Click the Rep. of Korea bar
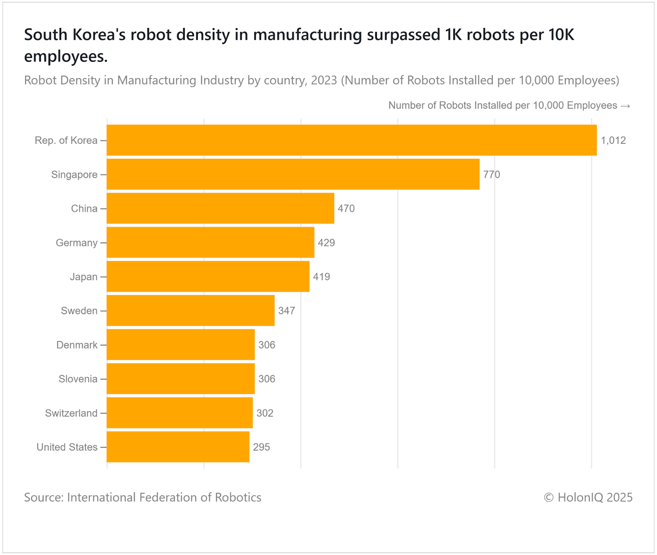351,140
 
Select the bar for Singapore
293,174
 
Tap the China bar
220,208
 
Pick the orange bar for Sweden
191,311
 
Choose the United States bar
178,447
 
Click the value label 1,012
613,140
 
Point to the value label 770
492,175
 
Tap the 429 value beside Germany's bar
326,243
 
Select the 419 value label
322,277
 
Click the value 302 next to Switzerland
265,413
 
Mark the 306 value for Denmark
266,345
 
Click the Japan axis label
84,277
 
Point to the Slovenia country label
78,379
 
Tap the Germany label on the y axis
77,243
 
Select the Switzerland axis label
71,413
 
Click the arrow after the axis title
625,106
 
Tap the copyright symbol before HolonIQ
549,498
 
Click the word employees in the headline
66,57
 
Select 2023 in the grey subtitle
324,80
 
